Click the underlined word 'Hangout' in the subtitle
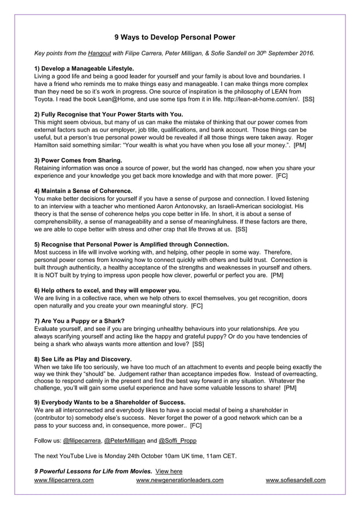pyautogui.click(x=99, y=54)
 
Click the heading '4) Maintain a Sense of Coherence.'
pyautogui.click(x=83, y=191)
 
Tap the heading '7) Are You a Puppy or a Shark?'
pyautogui.click(x=80, y=321)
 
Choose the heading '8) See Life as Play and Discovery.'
pyautogui.click(x=83, y=358)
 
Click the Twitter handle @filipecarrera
pyautogui.click(x=81, y=440)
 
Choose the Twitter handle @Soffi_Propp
pyautogui.click(x=178, y=440)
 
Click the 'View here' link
pyautogui.click(x=169, y=471)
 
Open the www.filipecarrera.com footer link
pyautogui.click(x=64, y=480)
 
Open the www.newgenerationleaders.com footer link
pyautogui.click(x=180, y=480)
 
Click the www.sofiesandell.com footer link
pyautogui.click(x=295, y=480)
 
